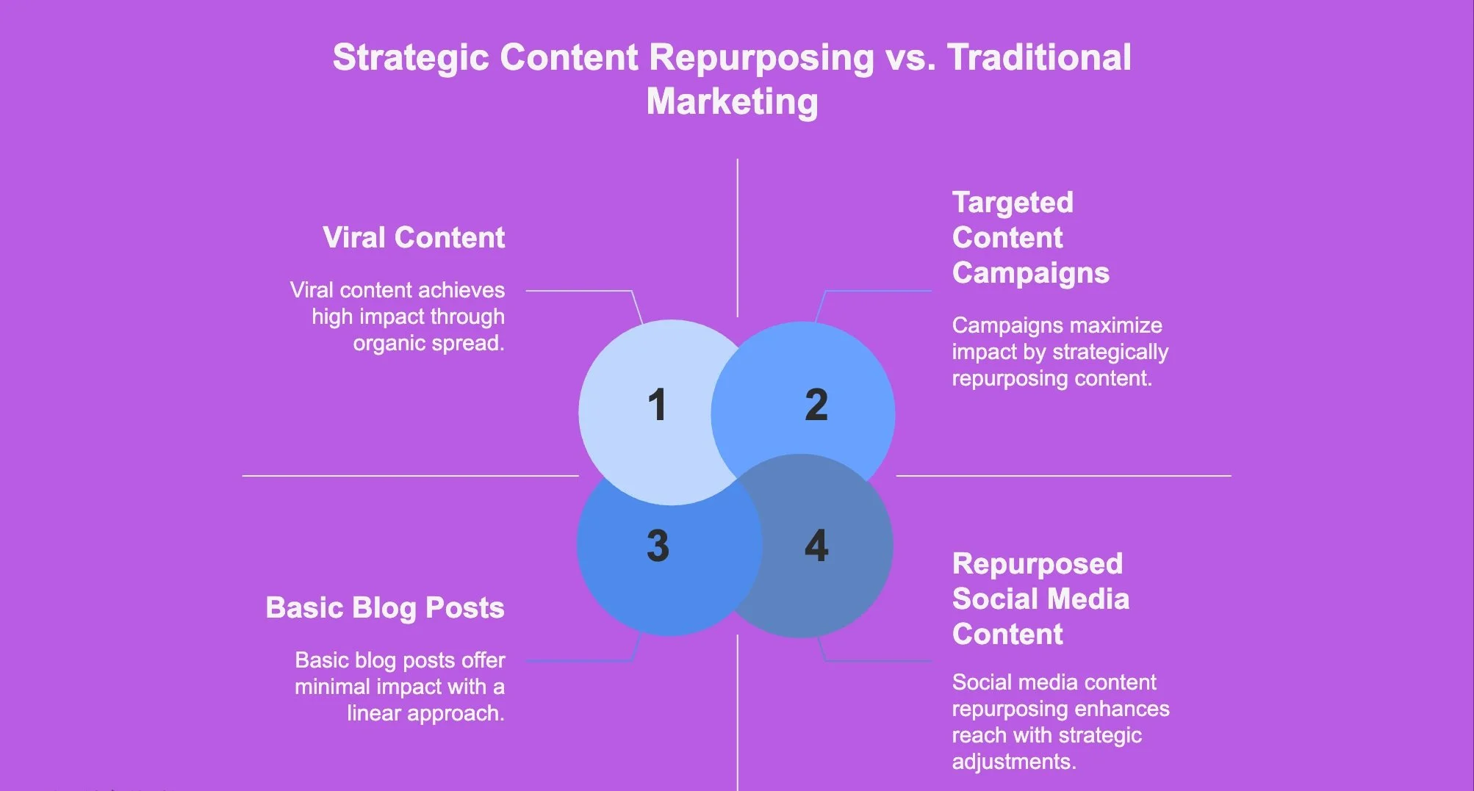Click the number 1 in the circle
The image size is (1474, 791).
coord(658,405)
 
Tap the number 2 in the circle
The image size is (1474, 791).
coord(816,405)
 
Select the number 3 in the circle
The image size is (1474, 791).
coord(658,546)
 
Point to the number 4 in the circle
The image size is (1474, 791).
coord(816,546)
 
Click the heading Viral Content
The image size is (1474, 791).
coord(414,237)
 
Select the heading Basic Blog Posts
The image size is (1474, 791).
coord(385,608)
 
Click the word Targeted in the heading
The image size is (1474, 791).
coord(1013,203)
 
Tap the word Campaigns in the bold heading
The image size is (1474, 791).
coord(1031,273)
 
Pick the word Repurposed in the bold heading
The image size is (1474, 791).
coord(1038,564)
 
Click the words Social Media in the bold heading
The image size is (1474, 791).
coord(1040,599)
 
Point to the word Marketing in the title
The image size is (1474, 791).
coord(732,101)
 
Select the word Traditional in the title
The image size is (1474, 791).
coord(1039,57)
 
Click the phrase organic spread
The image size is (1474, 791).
coord(428,343)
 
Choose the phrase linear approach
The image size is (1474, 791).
coord(425,713)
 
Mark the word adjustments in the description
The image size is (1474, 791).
coord(1014,762)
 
